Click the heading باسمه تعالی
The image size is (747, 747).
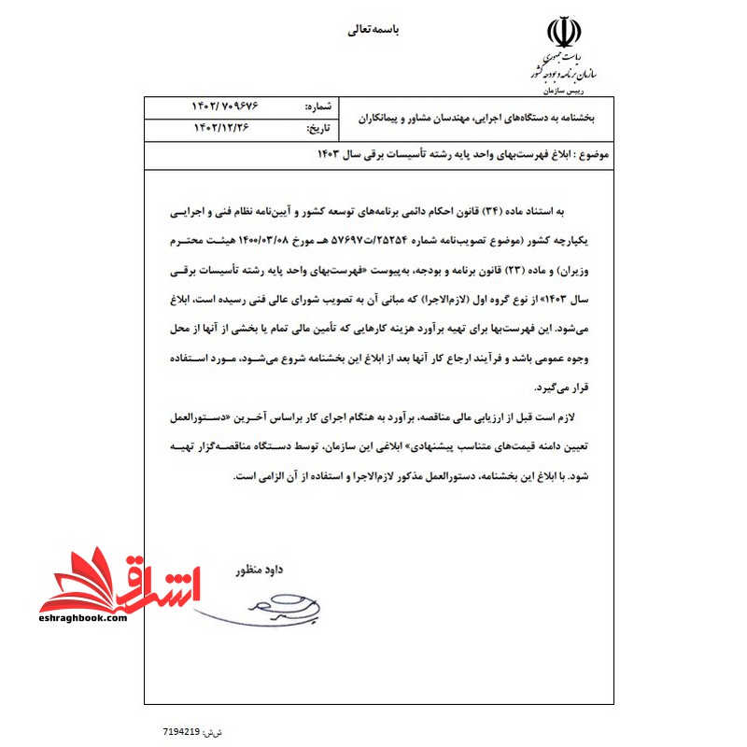[373, 30]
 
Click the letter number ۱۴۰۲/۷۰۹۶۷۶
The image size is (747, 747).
[224, 108]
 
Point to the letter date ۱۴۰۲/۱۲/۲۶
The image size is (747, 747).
[224, 128]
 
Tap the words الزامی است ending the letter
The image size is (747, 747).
[254, 476]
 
